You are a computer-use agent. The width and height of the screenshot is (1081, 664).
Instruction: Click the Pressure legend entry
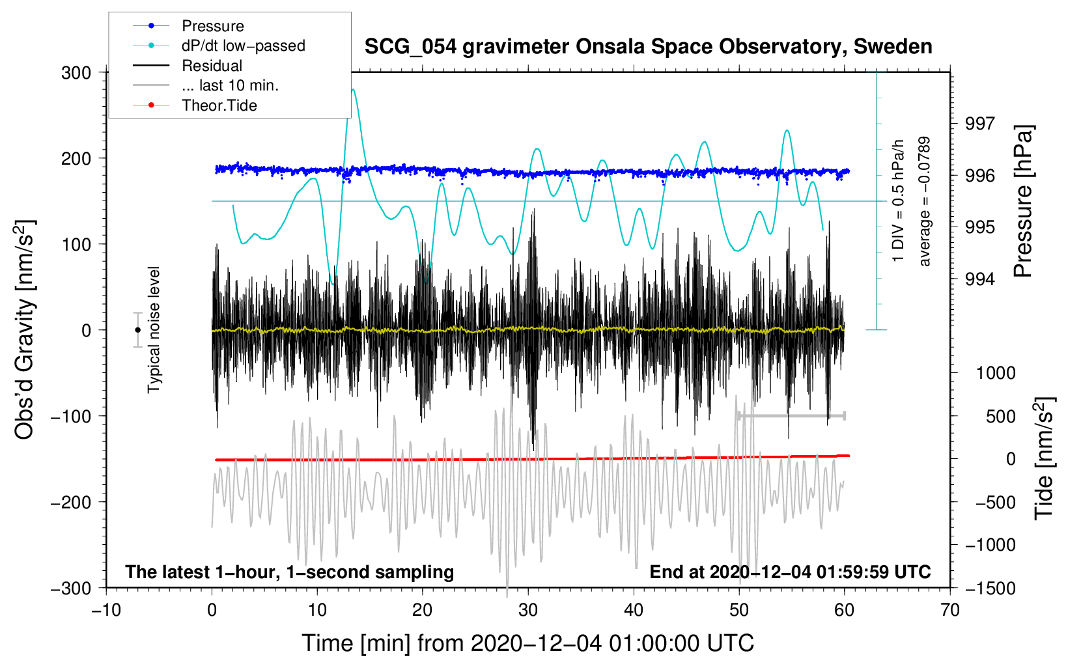tap(212, 26)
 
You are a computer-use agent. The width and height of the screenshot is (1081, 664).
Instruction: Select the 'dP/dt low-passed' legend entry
tap(243, 46)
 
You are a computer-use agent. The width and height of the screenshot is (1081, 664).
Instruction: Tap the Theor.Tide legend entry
tap(219, 105)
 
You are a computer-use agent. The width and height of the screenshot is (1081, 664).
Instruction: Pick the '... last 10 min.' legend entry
tap(230, 85)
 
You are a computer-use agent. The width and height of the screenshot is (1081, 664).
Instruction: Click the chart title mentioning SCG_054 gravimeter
tap(648, 47)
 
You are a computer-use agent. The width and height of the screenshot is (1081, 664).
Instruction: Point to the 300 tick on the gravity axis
tap(76, 73)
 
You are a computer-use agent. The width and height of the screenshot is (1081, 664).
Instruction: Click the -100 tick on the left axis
tap(71, 416)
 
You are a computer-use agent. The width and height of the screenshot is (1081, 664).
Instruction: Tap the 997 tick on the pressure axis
tap(980, 124)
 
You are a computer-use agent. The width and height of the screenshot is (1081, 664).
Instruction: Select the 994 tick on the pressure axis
tap(980, 279)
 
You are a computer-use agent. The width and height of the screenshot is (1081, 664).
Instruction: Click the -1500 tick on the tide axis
tap(990, 588)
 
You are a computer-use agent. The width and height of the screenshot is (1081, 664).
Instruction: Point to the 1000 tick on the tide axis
tap(996, 373)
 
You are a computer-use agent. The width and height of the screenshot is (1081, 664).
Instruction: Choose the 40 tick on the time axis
tap(634, 610)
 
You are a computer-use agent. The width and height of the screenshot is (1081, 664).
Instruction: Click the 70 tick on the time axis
tap(950, 610)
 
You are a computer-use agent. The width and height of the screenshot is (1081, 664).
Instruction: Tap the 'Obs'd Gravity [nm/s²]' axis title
tap(25, 330)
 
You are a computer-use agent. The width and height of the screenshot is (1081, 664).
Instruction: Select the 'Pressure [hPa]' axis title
tap(1023, 202)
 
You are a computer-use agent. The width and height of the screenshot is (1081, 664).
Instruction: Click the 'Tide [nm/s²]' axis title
tap(1044, 458)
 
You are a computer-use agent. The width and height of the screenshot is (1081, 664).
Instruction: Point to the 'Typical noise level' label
tap(154, 329)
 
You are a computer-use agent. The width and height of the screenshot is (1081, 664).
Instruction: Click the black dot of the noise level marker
tap(137, 330)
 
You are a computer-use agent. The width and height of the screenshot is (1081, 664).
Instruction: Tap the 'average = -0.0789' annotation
tap(925, 201)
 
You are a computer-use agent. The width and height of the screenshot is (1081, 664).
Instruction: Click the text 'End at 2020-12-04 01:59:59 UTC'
tap(790, 572)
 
